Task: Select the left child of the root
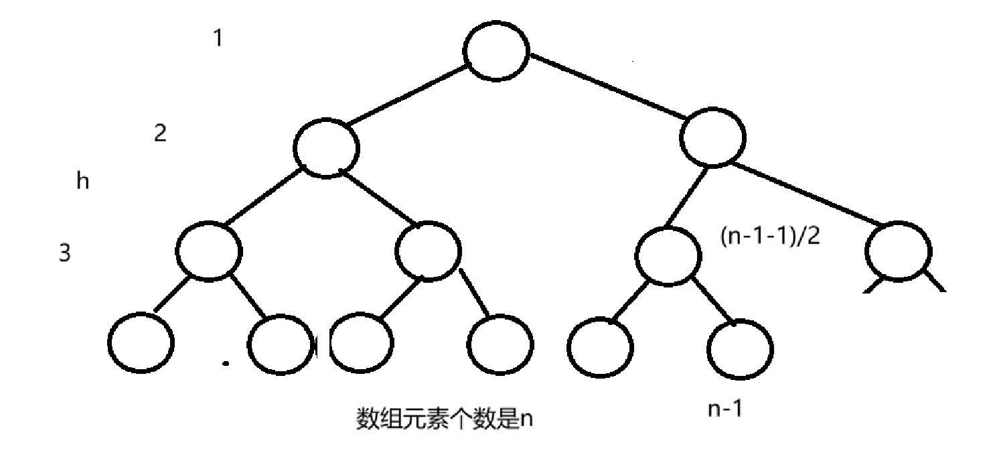pyautogui.click(x=326, y=149)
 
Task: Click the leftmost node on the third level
pyautogui.click(x=208, y=251)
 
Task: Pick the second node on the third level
pyautogui.click(x=429, y=251)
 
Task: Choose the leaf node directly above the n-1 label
pyautogui.click(x=740, y=349)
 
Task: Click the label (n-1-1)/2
pyautogui.click(x=770, y=238)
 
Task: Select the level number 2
pyautogui.click(x=160, y=133)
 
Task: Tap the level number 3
pyautogui.click(x=65, y=255)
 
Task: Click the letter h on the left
pyautogui.click(x=83, y=182)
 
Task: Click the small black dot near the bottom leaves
pyautogui.click(x=226, y=365)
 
